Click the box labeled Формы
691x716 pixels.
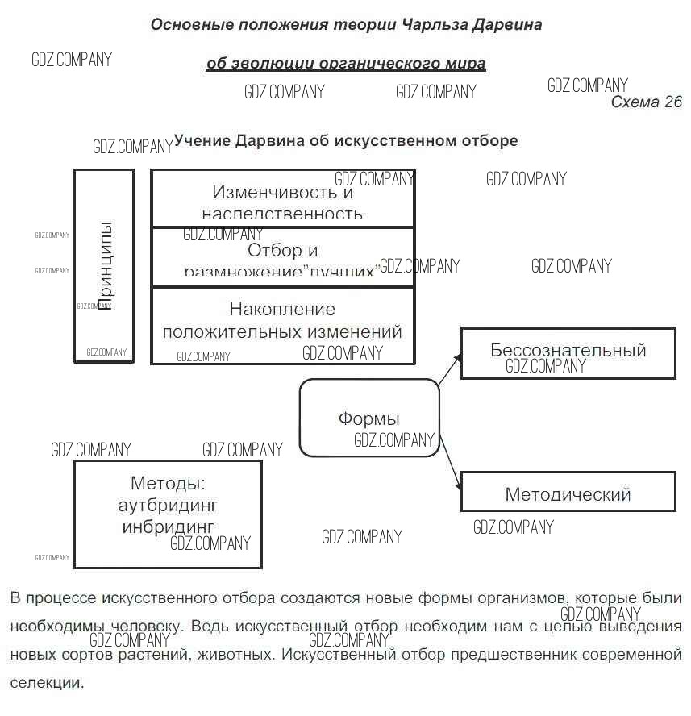pos(369,418)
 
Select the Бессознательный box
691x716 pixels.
pos(568,352)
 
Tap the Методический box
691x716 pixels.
pos(568,493)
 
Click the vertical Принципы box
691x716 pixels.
pos(104,265)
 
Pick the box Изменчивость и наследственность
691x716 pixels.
pos(282,199)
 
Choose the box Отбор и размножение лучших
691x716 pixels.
pos(282,257)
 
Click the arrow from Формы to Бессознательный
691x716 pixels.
pos(449,368)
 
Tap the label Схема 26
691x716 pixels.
pos(646,102)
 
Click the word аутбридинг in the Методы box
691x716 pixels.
pos(168,506)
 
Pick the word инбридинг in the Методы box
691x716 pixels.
pos(168,527)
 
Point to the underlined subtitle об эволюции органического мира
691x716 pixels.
pos(346,63)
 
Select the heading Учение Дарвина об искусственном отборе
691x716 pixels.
pos(345,141)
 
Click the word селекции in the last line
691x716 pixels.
pos(47,682)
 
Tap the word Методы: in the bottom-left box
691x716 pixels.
pos(168,484)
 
